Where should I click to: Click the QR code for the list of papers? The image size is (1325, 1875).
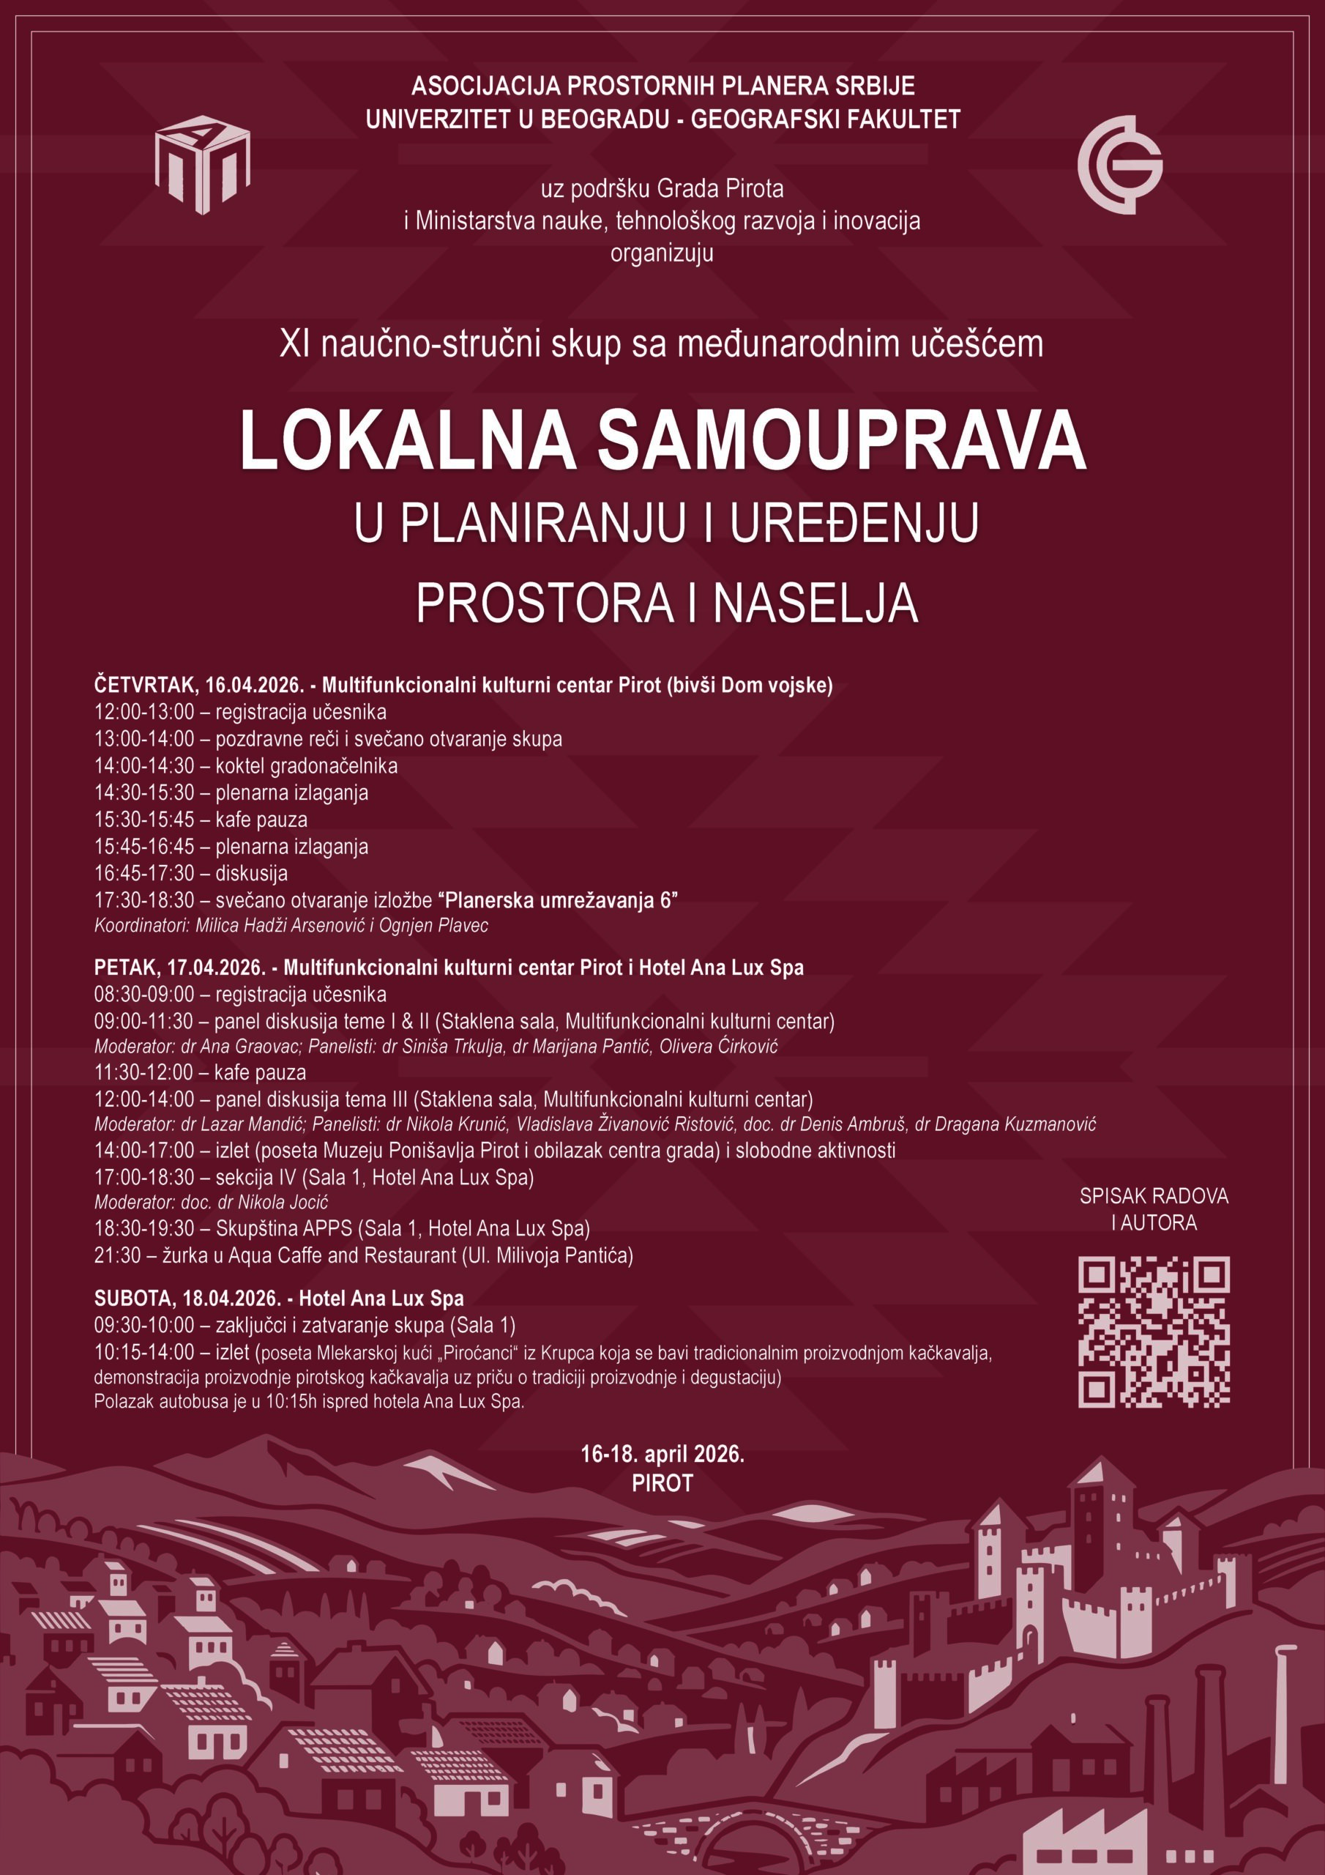pyautogui.click(x=1153, y=1332)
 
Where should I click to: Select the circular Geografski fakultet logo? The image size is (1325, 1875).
pyautogui.click(x=1120, y=164)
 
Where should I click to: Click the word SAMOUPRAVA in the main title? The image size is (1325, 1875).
pyautogui.click(x=841, y=441)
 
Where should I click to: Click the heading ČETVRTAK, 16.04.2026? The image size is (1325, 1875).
pyautogui.click(x=199, y=684)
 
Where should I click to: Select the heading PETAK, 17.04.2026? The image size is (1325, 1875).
pyautogui.click(x=179, y=968)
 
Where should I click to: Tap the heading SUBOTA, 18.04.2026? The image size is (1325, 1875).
pyautogui.click(x=187, y=1299)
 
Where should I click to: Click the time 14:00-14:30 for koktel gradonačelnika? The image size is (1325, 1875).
pyautogui.click(x=144, y=766)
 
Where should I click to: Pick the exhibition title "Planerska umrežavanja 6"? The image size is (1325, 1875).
pyautogui.click(x=559, y=901)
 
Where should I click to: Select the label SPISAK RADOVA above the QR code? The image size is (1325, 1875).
pyautogui.click(x=1153, y=1195)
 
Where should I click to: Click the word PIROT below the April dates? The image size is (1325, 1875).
pyautogui.click(x=662, y=1483)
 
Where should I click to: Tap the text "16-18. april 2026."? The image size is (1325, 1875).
pyautogui.click(x=662, y=1454)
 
